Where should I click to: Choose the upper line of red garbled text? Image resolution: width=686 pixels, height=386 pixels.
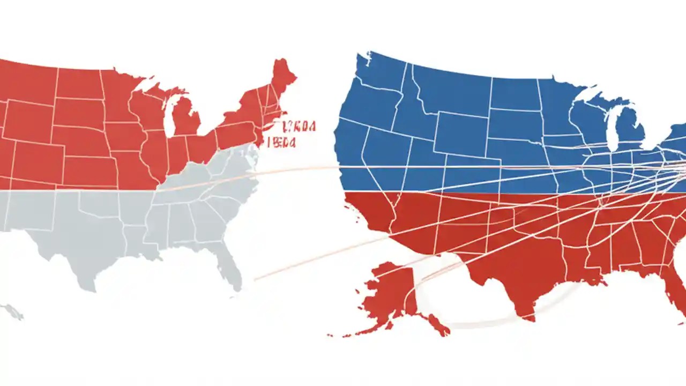pyautogui.click(x=299, y=127)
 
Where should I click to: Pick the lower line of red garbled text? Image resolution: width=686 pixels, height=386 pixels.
pyautogui.click(x=284, y=142)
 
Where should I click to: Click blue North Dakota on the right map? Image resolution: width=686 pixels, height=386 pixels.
pyautogui.click(x=514, y=94)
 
